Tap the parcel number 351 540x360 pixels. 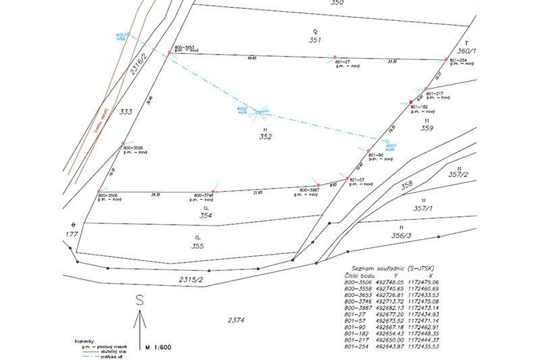pyautogui.click(x=314, y=40)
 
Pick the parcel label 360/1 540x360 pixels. pyautogui.click(x=466, y=51)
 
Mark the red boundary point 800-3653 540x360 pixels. pyautogui.click(x=169, y=52)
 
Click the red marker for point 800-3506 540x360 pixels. pyautogui.click(x=99, y=192)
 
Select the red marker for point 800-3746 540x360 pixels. pyautogui.click(x=213, y=192)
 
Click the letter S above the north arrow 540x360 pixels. pyautogui.click(x=140, y=301)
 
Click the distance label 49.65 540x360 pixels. pyautogui.click(x=252, y=59)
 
